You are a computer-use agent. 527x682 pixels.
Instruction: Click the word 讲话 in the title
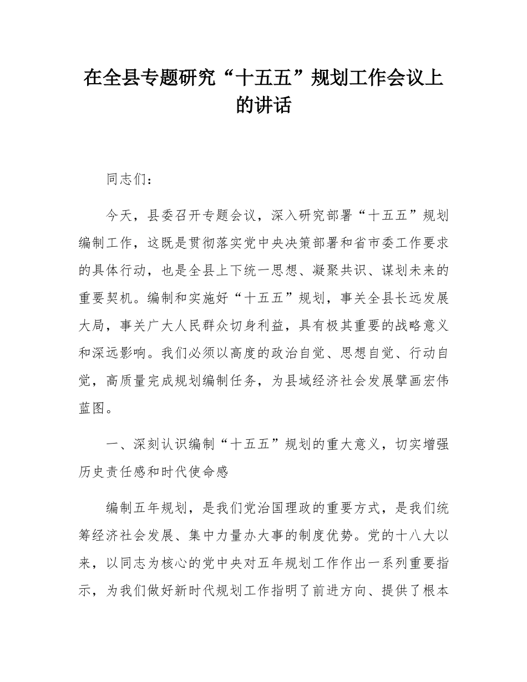pyautogui.click(x=277, y=105)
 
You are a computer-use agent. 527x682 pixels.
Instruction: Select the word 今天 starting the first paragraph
pyautogui.click(x=120, y=215)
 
